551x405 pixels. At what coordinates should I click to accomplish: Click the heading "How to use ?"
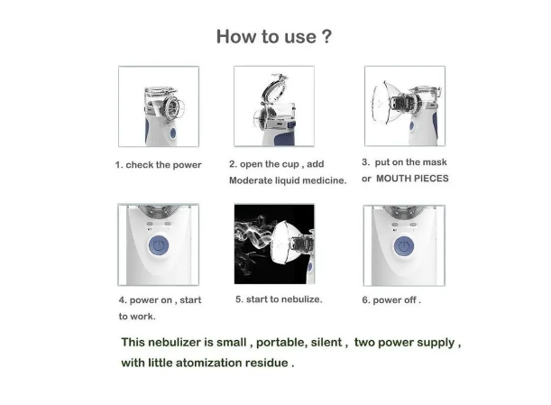[274, 36]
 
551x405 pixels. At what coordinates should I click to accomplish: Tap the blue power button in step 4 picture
[159, 245]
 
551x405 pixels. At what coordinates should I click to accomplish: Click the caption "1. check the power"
[158, 165]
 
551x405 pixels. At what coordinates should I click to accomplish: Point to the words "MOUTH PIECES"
[412, 179]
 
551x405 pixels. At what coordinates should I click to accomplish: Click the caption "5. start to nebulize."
[279, 299]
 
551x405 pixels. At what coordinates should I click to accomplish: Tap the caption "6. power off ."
[391, 299]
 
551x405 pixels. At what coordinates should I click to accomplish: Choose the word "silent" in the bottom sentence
[326, 343]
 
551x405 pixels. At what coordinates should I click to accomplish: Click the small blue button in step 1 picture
[173, 133]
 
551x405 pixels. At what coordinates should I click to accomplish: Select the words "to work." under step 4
[137, 317]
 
